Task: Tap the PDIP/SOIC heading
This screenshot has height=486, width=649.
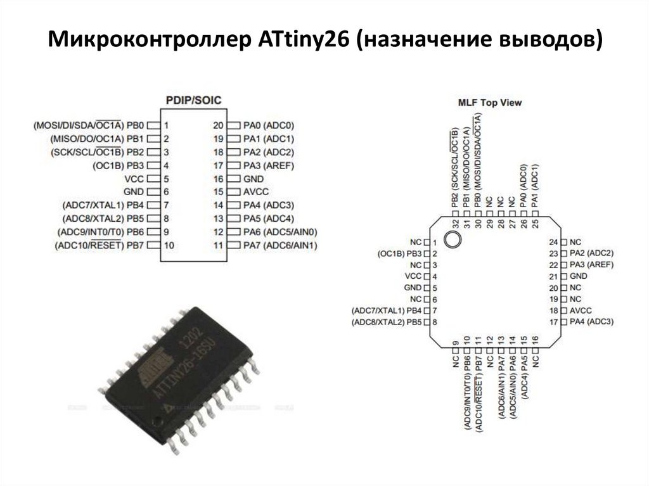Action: click(194, 100)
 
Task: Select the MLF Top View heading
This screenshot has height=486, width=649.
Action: click(490, 102)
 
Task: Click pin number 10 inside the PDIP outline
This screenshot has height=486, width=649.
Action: click(169, 245)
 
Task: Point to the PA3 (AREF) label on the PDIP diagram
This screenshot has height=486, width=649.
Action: click(269, 165)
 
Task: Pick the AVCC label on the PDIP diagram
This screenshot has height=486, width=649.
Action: click(256, 191)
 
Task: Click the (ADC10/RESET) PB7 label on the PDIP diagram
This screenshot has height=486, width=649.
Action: click(99, 245)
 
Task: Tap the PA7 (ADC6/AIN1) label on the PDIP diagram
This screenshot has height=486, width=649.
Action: click(280, 245)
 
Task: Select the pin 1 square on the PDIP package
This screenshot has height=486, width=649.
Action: click(154, 125)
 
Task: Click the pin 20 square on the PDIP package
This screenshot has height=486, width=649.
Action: click(233, 125)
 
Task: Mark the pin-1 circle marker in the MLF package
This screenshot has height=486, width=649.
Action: click(452, 240)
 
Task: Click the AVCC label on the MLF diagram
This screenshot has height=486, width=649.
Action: click(581, 310)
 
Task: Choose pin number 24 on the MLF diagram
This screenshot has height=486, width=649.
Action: click(553, 242)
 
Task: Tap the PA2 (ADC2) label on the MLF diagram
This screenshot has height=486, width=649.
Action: click(591, 253)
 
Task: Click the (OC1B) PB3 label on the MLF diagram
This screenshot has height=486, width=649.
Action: click(399, 253)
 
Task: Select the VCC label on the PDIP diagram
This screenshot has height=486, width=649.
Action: click(134, 179)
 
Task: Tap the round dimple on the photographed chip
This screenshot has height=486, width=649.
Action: click(157, 421)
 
